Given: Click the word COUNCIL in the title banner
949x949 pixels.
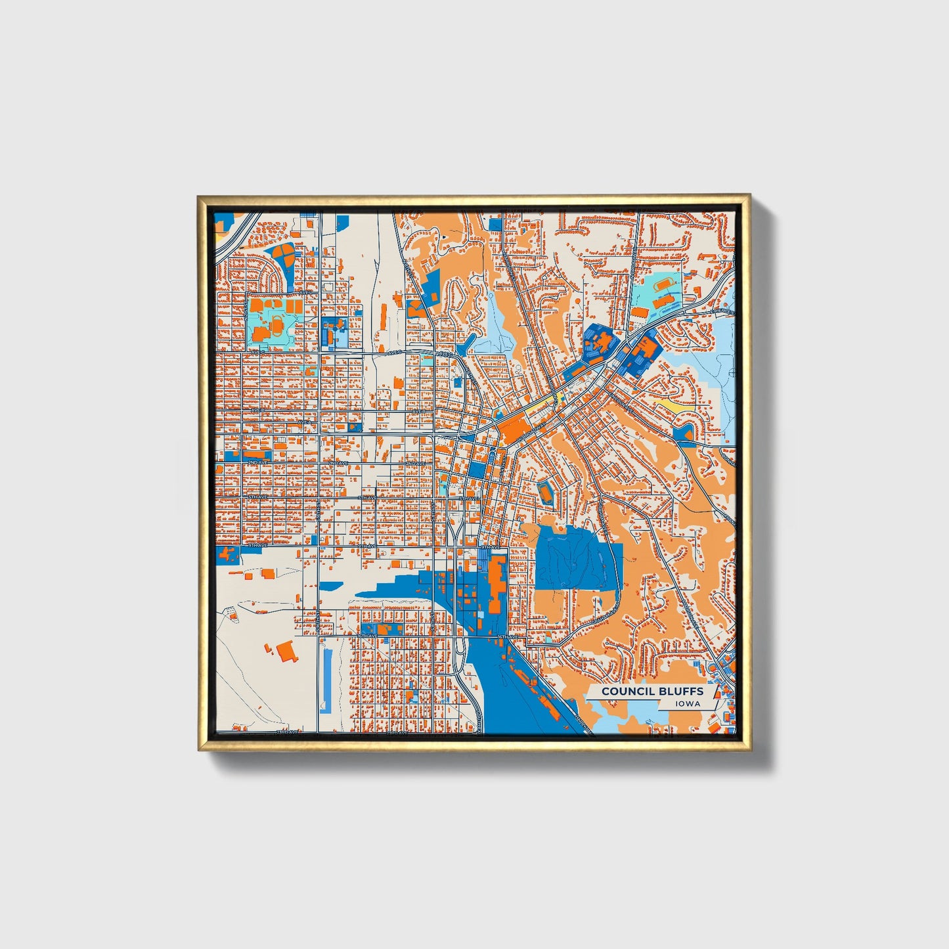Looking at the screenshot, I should click(x=625, y=691).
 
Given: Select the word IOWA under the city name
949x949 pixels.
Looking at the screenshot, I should click(x=688, y=704).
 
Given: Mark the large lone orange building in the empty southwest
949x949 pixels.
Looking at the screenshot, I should click(x=286, y=651).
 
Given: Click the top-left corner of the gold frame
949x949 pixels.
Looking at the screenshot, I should click(x=199, y=196).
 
